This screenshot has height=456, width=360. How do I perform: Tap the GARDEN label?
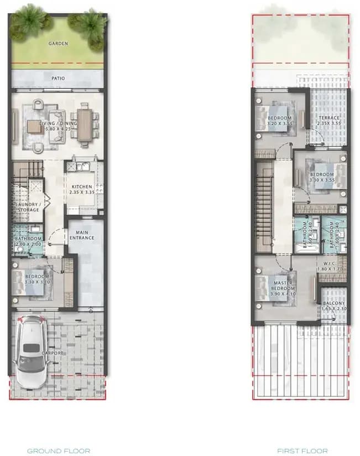click(x=58, y=43)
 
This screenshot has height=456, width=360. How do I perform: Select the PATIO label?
click(x=58, y=78)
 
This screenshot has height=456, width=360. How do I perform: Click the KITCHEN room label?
click(x=82, y=187)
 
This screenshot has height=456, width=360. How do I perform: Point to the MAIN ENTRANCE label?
click(x=82, y=235)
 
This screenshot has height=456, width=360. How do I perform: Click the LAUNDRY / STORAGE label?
click(x=27, y=207)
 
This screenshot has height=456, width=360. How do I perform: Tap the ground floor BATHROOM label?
click(x=28, y=239)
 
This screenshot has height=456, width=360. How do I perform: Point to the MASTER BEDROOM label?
click(x=283, y=286)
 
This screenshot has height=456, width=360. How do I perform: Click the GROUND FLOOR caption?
click(x=59, y=451)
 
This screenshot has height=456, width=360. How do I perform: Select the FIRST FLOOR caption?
click(x=302, y=451)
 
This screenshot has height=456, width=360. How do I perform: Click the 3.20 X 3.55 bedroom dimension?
click(x=279, y=125)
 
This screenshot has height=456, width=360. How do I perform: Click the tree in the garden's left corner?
click(x=25, y=20)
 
